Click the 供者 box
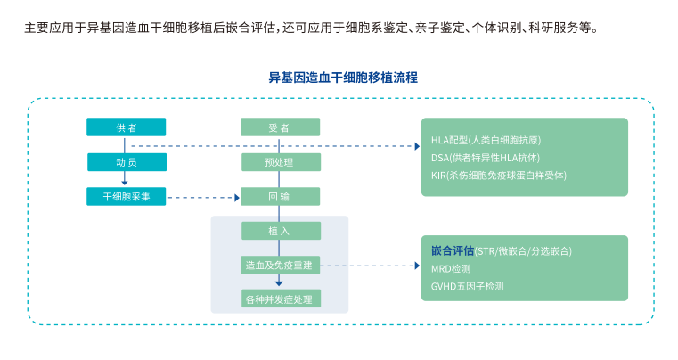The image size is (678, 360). (x=126, y=127)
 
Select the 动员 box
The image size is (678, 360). (x=126, y=162)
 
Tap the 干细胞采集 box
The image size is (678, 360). (x=126, y=196)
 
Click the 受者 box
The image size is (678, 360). (x=280, y=127)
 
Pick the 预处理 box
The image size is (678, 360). (x=280, y=162)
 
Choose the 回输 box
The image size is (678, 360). (x=280, y=196)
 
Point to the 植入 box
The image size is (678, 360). (x=280, y=231)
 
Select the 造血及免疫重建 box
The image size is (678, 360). (x=280, y=265)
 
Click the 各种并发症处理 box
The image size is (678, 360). (x=280, y=299)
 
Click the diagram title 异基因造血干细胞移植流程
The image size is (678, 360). (x=343, y=78)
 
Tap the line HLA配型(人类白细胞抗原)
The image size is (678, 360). (x=486, y=140)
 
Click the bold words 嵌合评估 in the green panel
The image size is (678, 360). (x=452, y=250)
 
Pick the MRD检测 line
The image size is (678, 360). (x=451, y=268)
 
